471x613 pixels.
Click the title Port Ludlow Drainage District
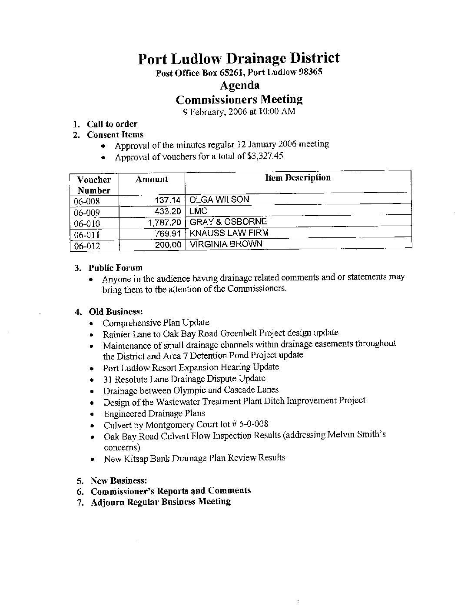(x=239, y=58)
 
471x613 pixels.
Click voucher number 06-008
(x=87, y=201)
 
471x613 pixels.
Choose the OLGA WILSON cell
(x=219, y=200)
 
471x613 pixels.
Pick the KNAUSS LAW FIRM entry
(x=229, y=233)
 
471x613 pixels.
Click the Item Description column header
(x=298, y=178)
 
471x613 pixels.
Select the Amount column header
(x=152, y=179)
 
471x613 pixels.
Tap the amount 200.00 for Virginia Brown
(x=168, y=245)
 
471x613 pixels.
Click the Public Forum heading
(x=115, y=268)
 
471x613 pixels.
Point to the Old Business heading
(x=116, y=312)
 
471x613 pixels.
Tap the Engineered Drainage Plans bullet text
(x=154, y=413)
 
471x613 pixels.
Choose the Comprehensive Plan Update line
(x=156, y=323)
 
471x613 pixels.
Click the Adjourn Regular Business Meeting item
(x=160, y=502)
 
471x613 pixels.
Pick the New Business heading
(x=119, y=481)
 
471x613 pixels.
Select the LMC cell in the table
(x=199, y=211)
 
